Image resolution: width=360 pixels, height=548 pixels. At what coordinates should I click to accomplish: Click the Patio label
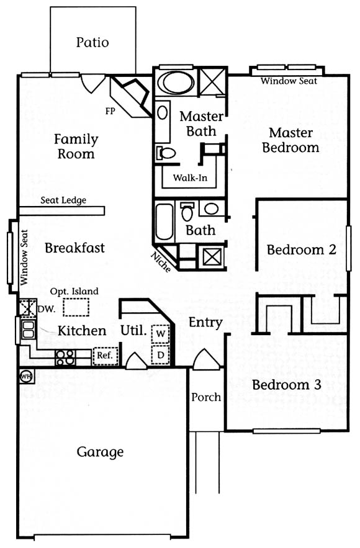pos(92,42)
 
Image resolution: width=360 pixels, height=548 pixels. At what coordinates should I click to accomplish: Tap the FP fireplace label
pos(110,111)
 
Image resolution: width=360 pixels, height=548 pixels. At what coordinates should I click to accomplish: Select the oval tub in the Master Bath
pos(176,83)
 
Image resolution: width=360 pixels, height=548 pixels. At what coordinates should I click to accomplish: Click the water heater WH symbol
pos(26,376)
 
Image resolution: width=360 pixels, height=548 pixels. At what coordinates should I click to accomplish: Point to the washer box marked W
pos(160,333)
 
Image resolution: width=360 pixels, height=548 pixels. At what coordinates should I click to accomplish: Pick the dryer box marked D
pos(160,355)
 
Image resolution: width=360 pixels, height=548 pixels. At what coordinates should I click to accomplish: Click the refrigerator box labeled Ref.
pos(105,356)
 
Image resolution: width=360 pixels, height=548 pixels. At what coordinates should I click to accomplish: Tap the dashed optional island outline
pos(76,307)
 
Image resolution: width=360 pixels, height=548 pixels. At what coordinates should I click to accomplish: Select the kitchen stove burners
pos(65,357)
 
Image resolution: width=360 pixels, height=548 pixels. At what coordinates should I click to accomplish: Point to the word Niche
pos(161,262)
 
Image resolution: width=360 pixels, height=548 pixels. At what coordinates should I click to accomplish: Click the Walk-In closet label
pos(190,177)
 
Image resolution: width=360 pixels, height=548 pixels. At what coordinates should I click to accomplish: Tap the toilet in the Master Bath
pos(166,153)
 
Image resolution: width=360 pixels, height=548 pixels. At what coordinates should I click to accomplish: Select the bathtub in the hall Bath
pos(164,222)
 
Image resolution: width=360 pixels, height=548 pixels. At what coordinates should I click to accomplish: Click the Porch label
pos(206,397)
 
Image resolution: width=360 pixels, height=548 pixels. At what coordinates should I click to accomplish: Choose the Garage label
pos(100,452)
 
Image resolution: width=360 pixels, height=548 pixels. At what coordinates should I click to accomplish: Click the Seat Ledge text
pos(63,200)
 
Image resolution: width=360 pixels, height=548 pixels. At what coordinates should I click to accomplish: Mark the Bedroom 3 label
pos(287,385)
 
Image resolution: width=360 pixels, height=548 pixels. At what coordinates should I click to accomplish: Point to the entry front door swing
pos(206,359)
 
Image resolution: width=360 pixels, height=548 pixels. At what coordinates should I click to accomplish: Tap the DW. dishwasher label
pos(46,309)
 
